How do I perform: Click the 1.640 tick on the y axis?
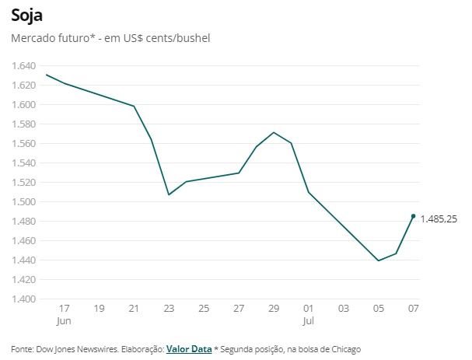(24, 65)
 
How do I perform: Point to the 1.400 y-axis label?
(24, 299)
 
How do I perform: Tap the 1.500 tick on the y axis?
(24, 201)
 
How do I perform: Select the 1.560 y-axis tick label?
(24, 143)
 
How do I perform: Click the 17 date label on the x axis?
(64, 309)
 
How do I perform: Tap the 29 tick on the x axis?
(273, 309)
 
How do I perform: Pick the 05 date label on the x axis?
(378, 309)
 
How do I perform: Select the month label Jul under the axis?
(309, 320)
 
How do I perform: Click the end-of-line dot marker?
(413, 216)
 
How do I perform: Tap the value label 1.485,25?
(439, 220)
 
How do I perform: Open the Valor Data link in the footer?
(189, 349)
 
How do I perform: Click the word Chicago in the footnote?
(344, 349)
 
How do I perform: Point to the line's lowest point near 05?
(378, 260)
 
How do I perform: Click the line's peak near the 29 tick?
(273, 132)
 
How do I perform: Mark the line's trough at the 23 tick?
(169, 194)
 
